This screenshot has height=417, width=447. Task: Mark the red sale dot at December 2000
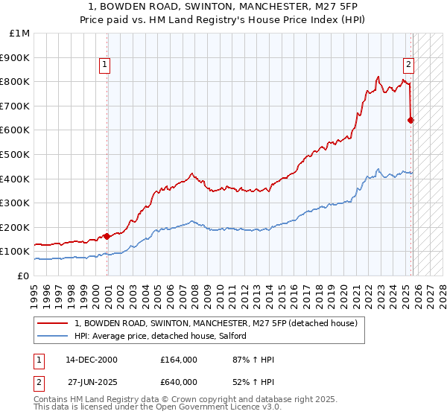107,236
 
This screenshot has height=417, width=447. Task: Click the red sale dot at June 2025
411,120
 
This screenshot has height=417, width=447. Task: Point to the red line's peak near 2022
378,77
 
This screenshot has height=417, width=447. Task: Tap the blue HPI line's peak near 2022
378,168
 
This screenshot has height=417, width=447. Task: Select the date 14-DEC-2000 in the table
91,360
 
